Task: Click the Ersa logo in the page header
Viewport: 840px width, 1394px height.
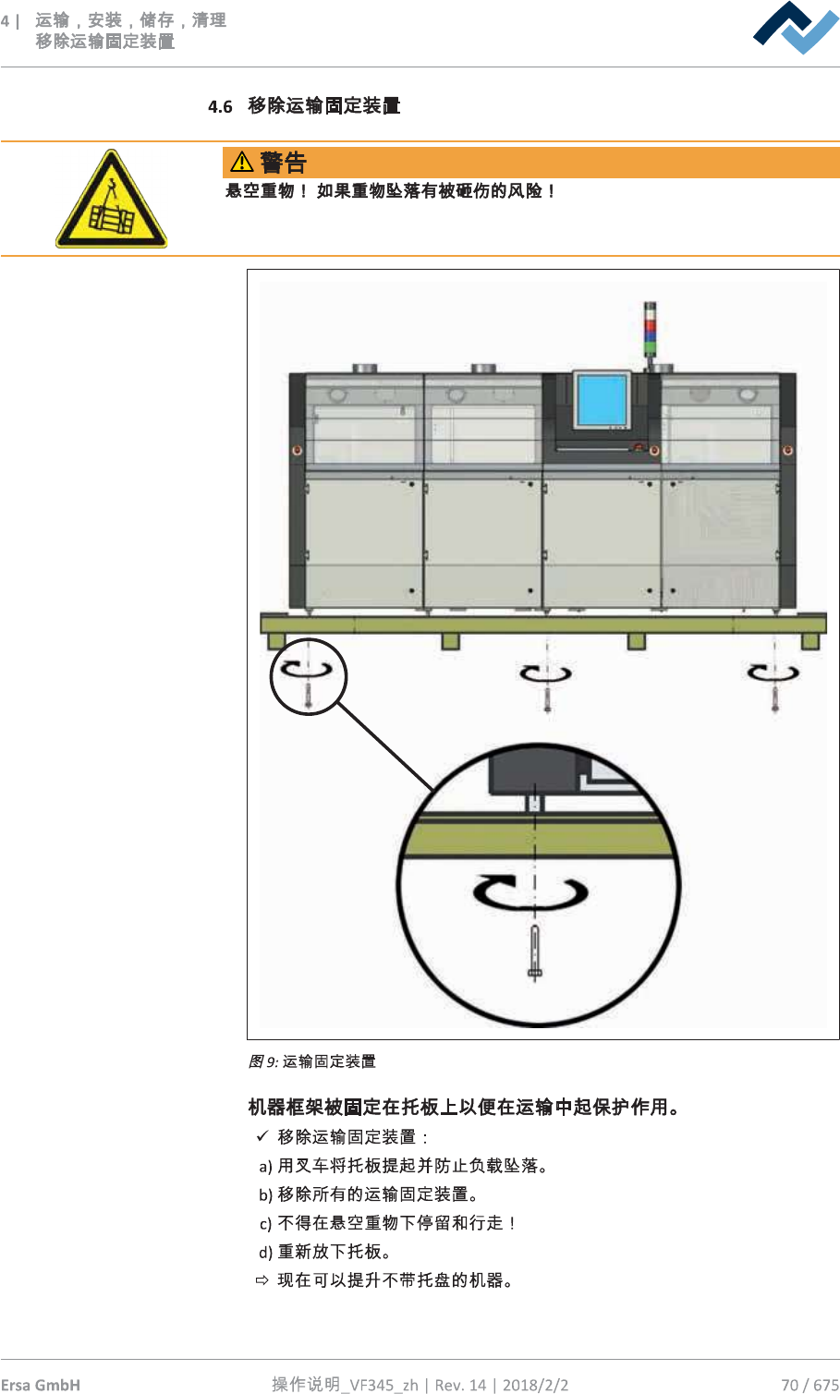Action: point(796,27)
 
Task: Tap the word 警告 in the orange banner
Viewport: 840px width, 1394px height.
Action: point(283,163)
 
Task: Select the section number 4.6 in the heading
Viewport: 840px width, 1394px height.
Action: point(220,107)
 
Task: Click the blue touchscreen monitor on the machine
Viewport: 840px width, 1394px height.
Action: point(601,398)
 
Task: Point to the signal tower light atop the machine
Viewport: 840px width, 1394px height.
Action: point(650,329)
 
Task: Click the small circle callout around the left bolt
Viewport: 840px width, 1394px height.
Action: point(308,677)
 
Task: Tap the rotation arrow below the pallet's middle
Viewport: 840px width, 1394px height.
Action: point(545,673)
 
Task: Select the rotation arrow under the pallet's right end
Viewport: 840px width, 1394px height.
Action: point(773,673)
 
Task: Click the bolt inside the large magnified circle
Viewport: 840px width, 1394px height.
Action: point(535,952)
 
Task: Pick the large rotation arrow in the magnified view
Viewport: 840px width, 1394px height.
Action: point(530,892)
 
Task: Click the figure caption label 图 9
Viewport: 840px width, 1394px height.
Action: point(262,1061)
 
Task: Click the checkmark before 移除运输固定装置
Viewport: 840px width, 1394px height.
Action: point(262,1136)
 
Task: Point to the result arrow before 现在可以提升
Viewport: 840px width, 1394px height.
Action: point(262,1280)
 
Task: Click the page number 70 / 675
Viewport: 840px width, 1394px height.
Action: point(810,1384)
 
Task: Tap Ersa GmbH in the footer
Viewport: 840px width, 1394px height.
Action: point(41,1384)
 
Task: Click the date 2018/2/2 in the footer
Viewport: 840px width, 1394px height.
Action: point(535,1384)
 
